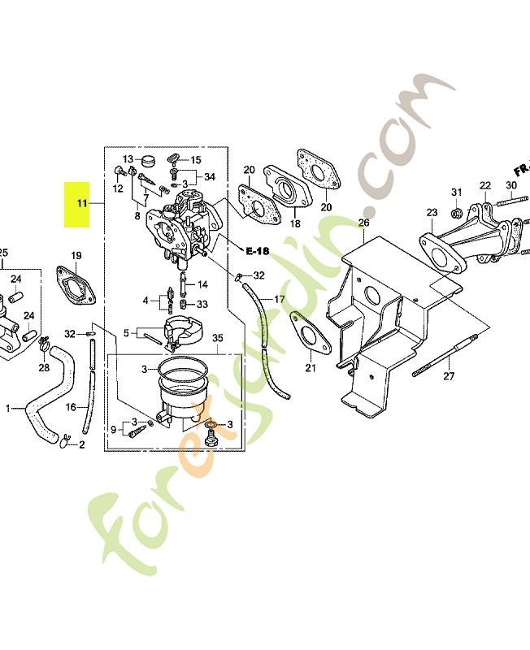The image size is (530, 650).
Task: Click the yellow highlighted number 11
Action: (82, 203)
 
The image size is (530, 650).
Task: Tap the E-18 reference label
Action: (257, 251)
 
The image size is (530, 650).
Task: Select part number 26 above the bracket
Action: (363, 223)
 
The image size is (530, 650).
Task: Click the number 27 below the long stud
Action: (449, 376)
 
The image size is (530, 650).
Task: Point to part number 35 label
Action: (218, 338)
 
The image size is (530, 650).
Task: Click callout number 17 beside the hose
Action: (280, 299)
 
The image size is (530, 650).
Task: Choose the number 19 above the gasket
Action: (76, 256)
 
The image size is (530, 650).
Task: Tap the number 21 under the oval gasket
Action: (311, 368)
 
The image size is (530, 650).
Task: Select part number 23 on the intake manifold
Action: (432, 213)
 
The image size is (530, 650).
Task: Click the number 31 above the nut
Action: (457, 192)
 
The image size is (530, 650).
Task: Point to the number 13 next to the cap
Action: (128, 159)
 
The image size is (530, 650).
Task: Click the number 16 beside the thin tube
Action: (71, 408)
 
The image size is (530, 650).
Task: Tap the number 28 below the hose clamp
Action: (44, 367)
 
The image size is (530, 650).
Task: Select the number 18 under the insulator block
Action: (295, 223)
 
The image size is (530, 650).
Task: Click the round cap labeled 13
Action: (147, 159)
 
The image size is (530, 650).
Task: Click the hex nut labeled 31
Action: (457, 214)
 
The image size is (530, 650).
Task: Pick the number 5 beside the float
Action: (127, 333)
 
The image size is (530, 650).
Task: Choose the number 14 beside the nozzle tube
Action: (202, 284)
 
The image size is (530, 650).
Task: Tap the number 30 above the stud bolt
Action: (511, 185)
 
